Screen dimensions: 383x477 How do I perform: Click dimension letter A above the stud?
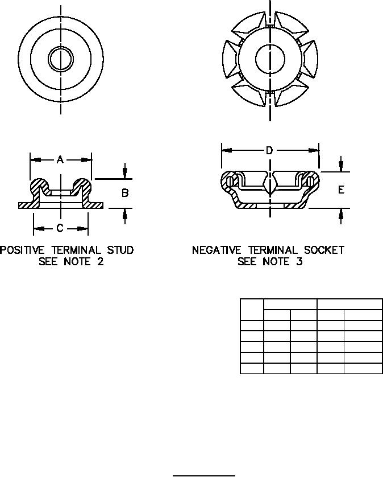60,159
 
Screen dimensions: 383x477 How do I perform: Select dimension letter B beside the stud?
125,193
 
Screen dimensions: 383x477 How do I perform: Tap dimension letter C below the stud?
60,228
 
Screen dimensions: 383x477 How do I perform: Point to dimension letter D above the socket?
269,150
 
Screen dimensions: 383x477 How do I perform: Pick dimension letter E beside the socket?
341,190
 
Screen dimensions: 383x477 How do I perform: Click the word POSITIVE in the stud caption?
22,250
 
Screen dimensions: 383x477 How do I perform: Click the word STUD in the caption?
120,250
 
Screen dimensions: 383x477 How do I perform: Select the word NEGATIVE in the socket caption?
217,250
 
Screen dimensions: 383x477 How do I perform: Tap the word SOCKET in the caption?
324,250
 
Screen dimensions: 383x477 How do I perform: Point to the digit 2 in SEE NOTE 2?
100,262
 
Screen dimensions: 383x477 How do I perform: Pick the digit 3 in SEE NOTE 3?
299,262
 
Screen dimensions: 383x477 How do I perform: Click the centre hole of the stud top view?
61,59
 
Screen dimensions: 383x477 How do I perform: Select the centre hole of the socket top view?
270,59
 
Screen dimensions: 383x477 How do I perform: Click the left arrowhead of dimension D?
227,150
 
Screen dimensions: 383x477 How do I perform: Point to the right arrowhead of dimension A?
86,160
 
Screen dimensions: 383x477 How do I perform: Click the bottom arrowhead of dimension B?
125,214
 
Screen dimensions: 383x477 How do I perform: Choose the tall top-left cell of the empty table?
252,310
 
